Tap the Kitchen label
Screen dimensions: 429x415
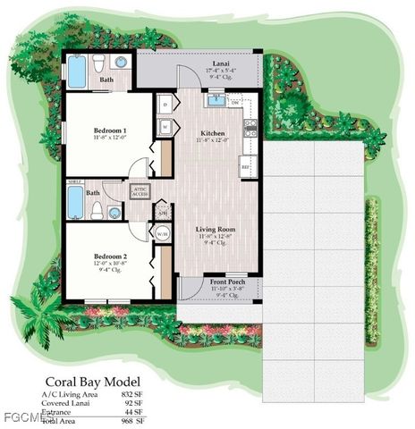(x=212, y=132)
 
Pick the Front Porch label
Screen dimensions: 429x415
(x=220, y=282)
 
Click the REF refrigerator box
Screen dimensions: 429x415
(x=247, y=166)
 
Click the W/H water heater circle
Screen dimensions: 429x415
(x=164, y=234)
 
